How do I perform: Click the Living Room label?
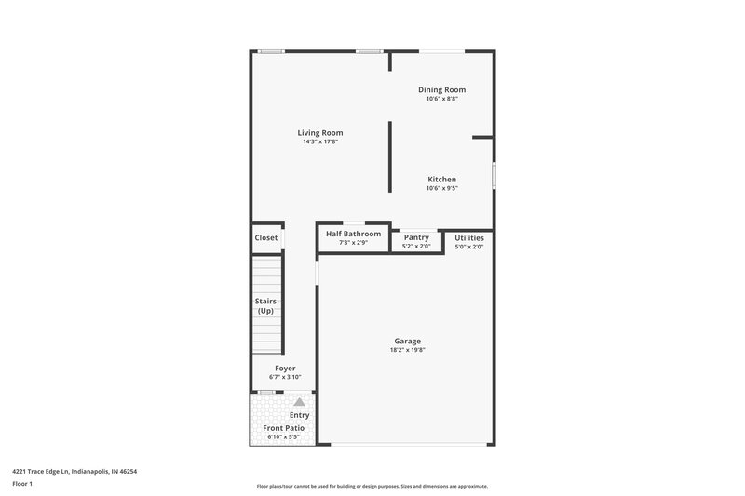coord(320,133)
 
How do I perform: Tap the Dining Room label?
coord(441,89)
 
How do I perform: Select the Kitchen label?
coord(441,179)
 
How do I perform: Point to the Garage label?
coord(407,342)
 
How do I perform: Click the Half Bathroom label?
coord(353,234)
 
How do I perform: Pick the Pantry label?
coord(416,237)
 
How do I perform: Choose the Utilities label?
coord(469,237)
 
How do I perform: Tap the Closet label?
coord(266,237)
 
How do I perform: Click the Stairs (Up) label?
coord(266,306)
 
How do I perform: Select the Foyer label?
coord(285,369)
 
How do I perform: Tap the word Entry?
coord(299,415)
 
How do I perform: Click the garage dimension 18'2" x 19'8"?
coord(407,351)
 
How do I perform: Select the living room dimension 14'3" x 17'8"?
coord(320,142)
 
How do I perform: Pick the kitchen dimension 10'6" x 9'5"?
coord(441,188)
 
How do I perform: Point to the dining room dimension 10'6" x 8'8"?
coord(441,99)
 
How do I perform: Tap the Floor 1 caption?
coord(23,485)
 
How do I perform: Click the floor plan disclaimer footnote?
coord(372,486)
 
